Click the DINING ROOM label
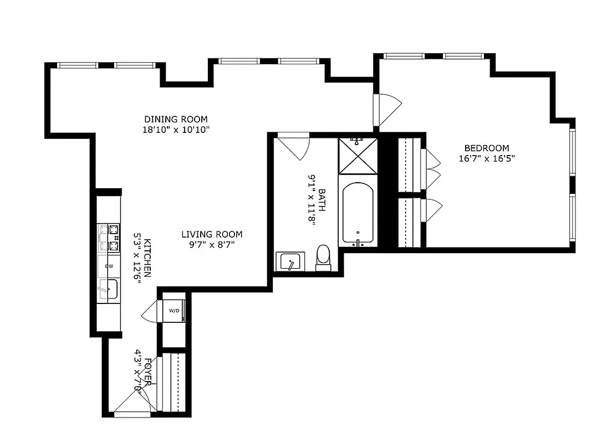pos(176,119)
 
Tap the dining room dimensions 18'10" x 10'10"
pos(176,130)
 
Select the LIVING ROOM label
pos(212,234)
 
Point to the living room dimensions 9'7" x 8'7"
pos(212,245)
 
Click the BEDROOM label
pos(486,148)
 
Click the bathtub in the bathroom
pos(358,214)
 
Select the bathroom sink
pos(290,261)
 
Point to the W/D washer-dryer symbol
pos(174,311)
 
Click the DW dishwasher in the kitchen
pos(109,266)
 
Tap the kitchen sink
pos(109,289)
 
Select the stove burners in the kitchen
pos(109,237)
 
